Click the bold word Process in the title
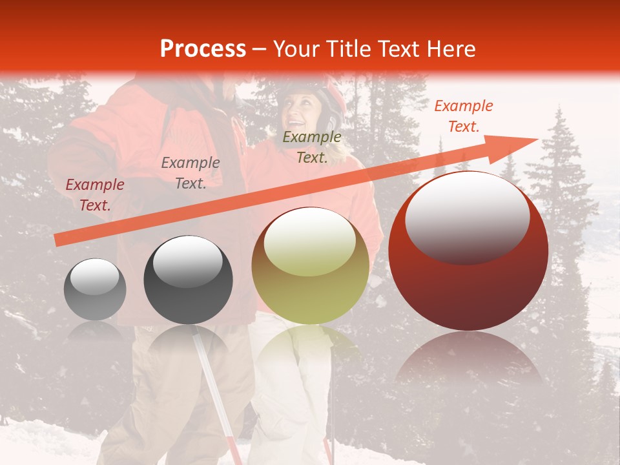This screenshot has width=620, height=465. click(x=203, y=49)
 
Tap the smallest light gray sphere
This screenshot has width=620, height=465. click(x=95, y=289)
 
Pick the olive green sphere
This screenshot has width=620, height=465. click(x=310, y=266)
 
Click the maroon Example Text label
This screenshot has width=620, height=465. click(x=95, y=195)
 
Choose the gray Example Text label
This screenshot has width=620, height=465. click(x=191, y=173)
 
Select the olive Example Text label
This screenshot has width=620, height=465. click(x=312, y=147)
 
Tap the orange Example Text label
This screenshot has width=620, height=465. click(x=464, y=116)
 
